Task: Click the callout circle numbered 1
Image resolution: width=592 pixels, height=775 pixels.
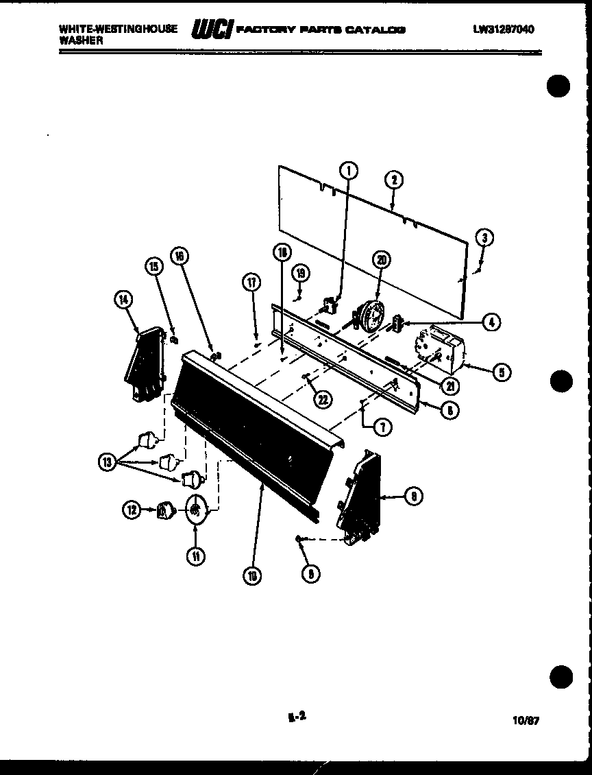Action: click(x=349, y=170)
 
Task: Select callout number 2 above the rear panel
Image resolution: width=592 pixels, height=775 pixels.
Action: click(x=394, y=180)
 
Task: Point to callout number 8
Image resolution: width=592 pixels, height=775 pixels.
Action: click(x=413, y=497)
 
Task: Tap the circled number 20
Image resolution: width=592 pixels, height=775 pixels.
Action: click(x=381, y=259)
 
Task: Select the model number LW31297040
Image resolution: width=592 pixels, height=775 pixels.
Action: click(x=504, y=29)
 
